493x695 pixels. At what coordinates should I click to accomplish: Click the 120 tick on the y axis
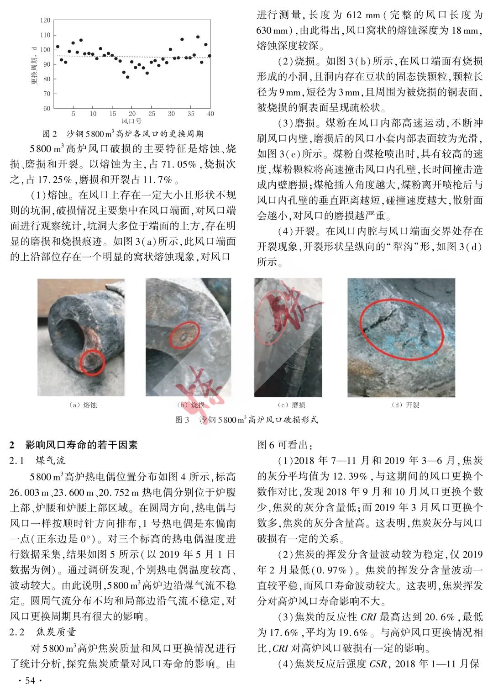point(45,21)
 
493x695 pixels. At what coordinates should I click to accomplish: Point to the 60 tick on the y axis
point(47,108)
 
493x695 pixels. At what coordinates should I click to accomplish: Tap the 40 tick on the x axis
point(210,114)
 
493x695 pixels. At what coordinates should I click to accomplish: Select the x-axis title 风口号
point(131,121)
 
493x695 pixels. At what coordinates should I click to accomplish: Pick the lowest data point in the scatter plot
point(127,77)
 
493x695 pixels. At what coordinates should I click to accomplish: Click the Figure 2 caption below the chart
point(123,134)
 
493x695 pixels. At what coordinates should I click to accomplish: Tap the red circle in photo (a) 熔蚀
point(92,363)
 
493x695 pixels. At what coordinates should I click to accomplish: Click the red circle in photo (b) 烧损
point(184,336)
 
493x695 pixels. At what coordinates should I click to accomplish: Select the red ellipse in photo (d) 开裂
point(401,332)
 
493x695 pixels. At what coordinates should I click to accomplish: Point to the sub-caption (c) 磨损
point(291,405)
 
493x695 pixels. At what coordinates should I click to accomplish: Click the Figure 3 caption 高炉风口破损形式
point(246,420)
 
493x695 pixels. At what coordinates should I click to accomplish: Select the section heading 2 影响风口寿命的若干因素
point(73,445)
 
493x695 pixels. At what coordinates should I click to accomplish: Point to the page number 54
point(30,681)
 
